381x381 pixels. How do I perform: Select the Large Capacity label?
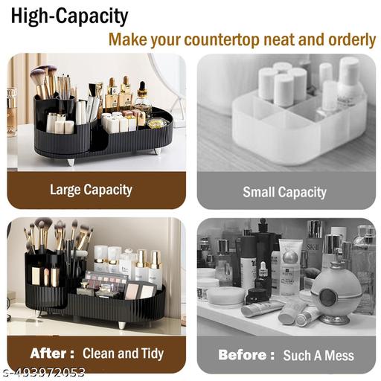tap(91, 189)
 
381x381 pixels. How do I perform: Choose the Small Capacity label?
tap(284, 192)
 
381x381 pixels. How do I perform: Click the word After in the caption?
tap(51, 353)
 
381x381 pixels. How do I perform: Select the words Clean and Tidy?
tap(123, 353)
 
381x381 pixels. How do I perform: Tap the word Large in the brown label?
tap(65, 189)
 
